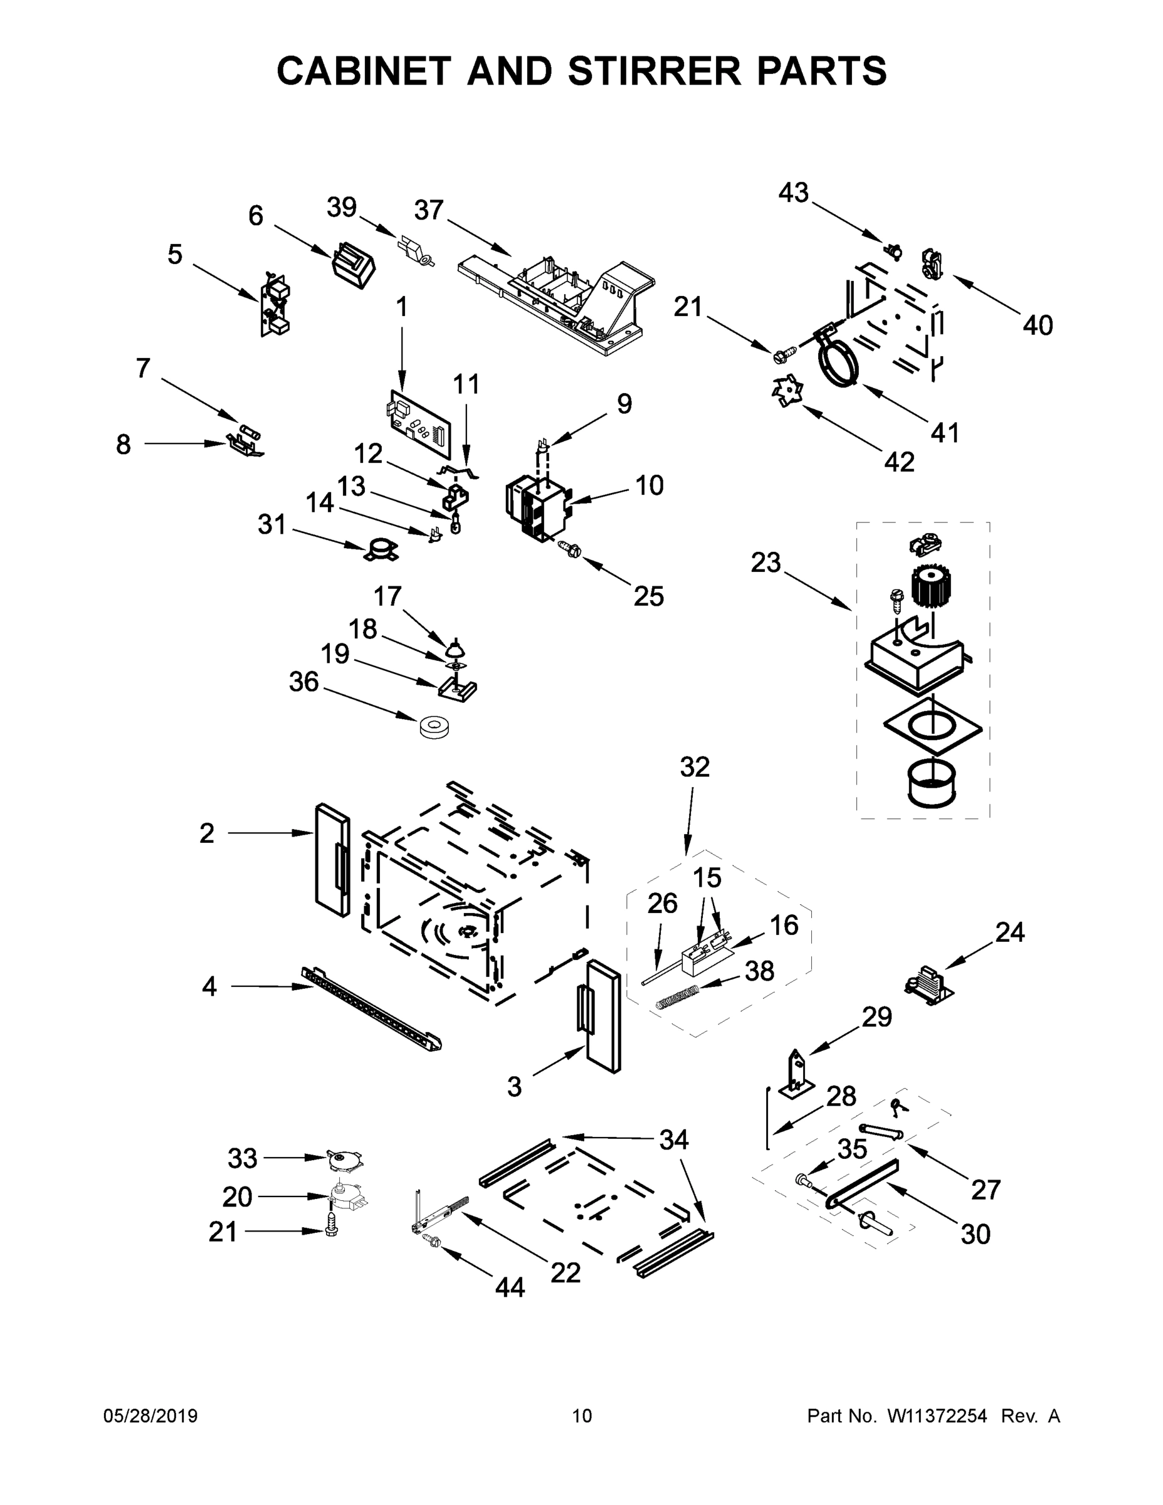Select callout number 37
tap(429, 210)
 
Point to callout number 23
tap(766, 563)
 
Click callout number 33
tap(243, 1158)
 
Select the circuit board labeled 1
tap(419, 423)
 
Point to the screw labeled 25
tap(571, 549)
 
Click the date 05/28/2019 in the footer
tap(150, 1415)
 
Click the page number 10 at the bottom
tap(582, 1415)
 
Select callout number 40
tap(1037, 325)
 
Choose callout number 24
tap(1009, 932)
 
